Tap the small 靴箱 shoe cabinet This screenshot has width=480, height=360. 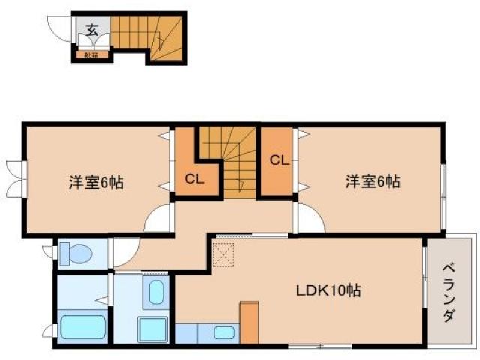pyautogui.click(x=92, y=54)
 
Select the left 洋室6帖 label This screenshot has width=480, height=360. pyautogui.click(x=96, y=182)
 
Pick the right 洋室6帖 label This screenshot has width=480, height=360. pyautogui.click(x=372, y=181)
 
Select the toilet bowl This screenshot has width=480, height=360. pyautogui.click(x=74, y=253)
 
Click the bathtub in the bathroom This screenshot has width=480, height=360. pyautogui.click(x=81, y=328)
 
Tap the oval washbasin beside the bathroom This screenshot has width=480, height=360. pyautogui.click(x=156, y=292)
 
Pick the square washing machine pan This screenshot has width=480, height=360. pyautogui.click(x=152, y=329)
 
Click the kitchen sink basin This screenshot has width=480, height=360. pyautogui.click(x=224, y=332)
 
